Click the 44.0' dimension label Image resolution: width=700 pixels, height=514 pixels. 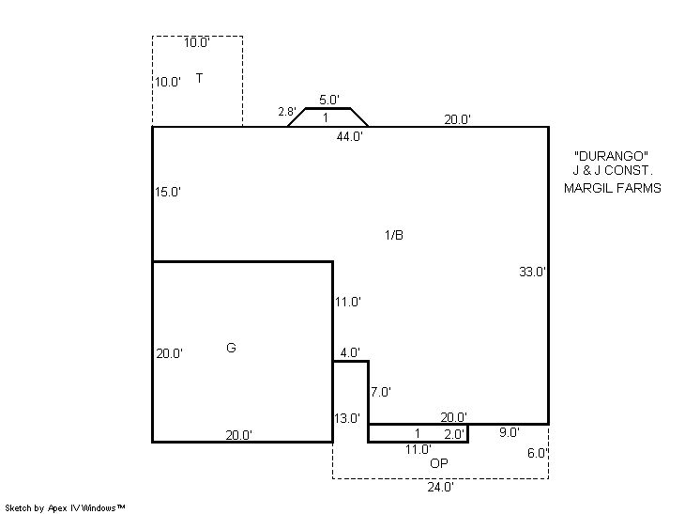pos(349,137)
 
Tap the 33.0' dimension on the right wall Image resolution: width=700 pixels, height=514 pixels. pos(532,272)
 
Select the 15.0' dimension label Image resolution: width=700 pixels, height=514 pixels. pos(167,192)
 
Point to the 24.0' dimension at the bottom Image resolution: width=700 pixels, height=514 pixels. pos(440,487)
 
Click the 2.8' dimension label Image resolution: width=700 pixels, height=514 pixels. pos(286,111)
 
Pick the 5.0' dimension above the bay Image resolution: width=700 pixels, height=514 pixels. pos(329,100)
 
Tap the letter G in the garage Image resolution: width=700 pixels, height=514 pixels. pos(231,348)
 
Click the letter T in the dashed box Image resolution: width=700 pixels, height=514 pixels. pos(199,78)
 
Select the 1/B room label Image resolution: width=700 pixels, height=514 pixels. pos(394,235)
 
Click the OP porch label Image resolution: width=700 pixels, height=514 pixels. pos(438,463)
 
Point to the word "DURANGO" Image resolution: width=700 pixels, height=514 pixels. pos(611,156)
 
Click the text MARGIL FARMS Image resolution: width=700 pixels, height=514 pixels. pos(612,188)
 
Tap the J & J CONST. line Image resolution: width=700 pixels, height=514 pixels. pos(613,170)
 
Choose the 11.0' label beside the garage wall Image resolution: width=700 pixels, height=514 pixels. pos(347,303)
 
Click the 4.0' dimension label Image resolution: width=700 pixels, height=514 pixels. pos(350,352)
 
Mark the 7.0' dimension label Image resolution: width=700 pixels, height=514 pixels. pos(380,392)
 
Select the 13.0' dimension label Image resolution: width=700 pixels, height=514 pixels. pos(347,418)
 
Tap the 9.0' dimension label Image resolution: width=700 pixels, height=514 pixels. pos(509,432)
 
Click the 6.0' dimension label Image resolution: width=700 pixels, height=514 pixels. pos(538,453)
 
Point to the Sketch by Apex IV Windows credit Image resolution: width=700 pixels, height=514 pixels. pos(65,508)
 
